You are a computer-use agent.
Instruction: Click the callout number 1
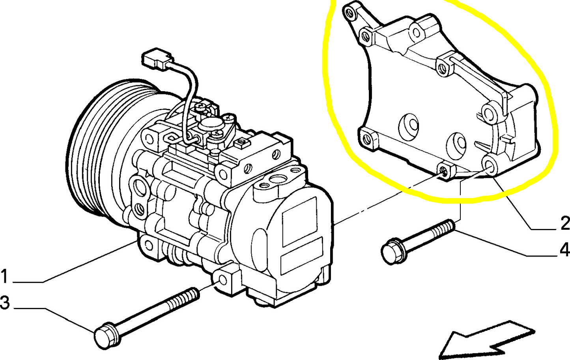point(4,276)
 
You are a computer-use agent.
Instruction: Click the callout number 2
point(564,224)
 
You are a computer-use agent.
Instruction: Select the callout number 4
point(564,249)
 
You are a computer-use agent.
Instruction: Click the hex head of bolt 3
point(104,336)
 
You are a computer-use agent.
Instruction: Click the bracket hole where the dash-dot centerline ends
point(445,171)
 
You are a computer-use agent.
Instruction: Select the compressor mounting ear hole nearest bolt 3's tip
point(223,280)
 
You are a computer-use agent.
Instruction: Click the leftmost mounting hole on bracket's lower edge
point(366,139)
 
